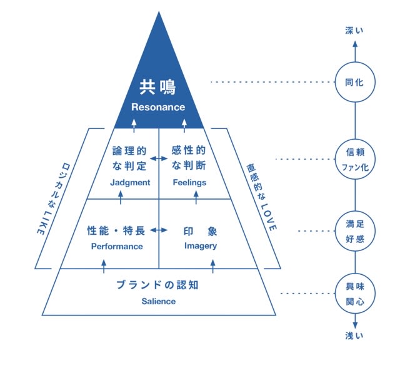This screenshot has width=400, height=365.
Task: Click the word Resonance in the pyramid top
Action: (x=158, y=107)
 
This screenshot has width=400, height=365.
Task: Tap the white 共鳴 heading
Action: (x=158, y=87)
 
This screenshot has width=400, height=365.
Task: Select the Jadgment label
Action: (x=130, y=183)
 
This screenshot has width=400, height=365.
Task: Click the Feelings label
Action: (x=189, y=183)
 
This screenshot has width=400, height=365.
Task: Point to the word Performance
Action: (x=117, y=247)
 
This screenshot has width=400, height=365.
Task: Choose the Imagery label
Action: (x=201, y=246)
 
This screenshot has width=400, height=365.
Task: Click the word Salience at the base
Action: (x=158, y=301)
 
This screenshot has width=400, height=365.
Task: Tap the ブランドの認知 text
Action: (x=157, y=285)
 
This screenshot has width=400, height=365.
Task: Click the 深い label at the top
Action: (x=354, y=31)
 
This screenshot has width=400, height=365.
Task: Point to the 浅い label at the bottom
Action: (x=354, y=336)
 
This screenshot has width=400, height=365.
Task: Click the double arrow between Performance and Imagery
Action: (x=159, y=230)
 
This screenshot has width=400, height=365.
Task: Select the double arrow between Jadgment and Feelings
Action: (x=159, y=159)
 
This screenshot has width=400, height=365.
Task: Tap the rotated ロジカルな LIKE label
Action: (x=53, y=198)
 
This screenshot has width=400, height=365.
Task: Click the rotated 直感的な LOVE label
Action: (x=261, y=197)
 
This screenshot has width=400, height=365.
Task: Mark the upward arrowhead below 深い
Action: (x=355, y=44)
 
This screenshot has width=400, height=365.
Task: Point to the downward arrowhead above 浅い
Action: (x=355, y=325)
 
